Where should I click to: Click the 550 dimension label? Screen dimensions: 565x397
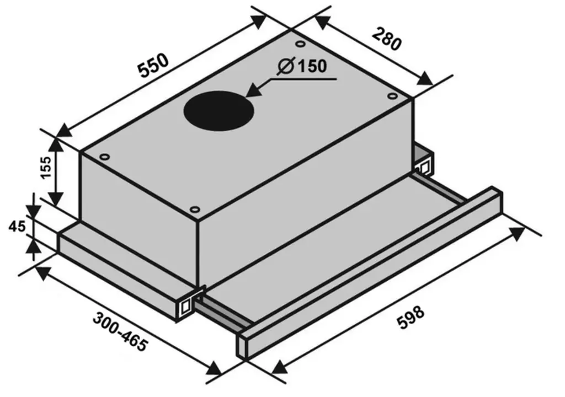154,66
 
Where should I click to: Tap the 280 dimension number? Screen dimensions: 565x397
386,39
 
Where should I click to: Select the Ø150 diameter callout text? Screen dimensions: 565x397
302,66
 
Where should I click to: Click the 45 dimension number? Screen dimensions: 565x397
17,227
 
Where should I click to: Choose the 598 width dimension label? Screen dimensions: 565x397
411,318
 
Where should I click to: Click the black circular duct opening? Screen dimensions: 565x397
218,110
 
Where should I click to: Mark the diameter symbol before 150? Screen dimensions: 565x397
286,66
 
